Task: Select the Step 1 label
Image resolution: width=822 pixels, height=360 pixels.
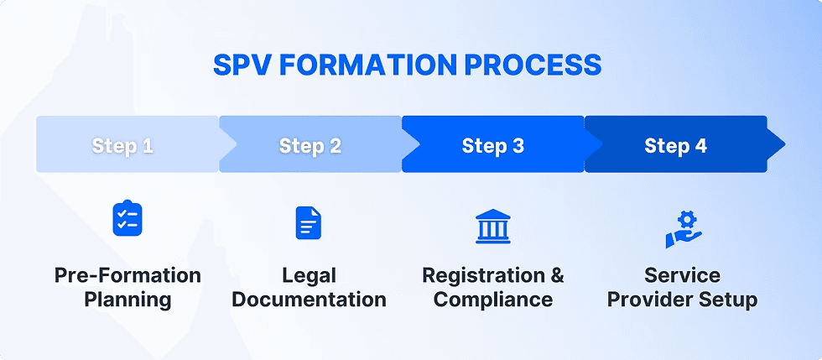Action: tap(122, 146)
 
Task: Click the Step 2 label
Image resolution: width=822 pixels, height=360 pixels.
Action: tap(310, 146)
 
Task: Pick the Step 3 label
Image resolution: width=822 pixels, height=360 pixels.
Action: tap(493, 146)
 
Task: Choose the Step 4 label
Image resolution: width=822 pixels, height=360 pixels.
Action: tap(676, 146)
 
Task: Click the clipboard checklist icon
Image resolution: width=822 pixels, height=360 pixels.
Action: tap(127, 218)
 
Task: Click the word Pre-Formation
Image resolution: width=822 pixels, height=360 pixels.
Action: tap(127, 276)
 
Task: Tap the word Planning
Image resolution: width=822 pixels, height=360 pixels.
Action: tap(127, 300)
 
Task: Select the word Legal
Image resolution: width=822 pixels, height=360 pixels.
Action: tap(309, 276)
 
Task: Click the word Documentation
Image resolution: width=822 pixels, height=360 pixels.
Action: tap(309, 300)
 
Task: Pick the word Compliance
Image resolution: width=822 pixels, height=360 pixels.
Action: tap(493, 300)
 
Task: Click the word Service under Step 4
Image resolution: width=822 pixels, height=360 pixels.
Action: tap(682, 276)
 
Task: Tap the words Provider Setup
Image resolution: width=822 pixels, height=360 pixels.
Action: tap(682, 300)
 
